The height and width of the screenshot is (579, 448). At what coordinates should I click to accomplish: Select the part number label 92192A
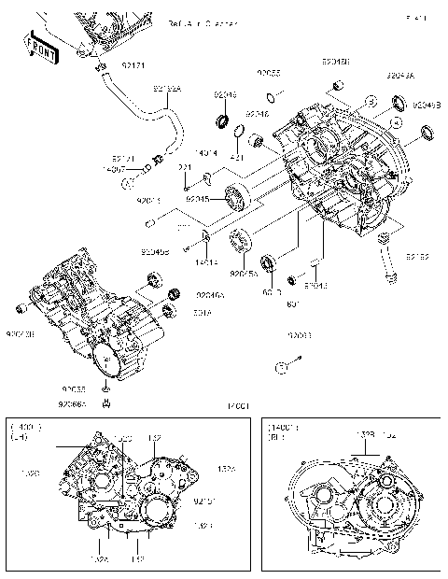point(166,89)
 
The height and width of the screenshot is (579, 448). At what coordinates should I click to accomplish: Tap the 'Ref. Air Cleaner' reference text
point(203,22)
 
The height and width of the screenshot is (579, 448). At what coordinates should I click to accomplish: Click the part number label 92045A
point(244,274)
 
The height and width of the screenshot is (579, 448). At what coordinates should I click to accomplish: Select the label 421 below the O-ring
point(237,158)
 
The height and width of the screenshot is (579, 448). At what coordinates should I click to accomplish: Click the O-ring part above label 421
point(238,130)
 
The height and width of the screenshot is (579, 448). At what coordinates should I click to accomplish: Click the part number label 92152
point(416,255)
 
